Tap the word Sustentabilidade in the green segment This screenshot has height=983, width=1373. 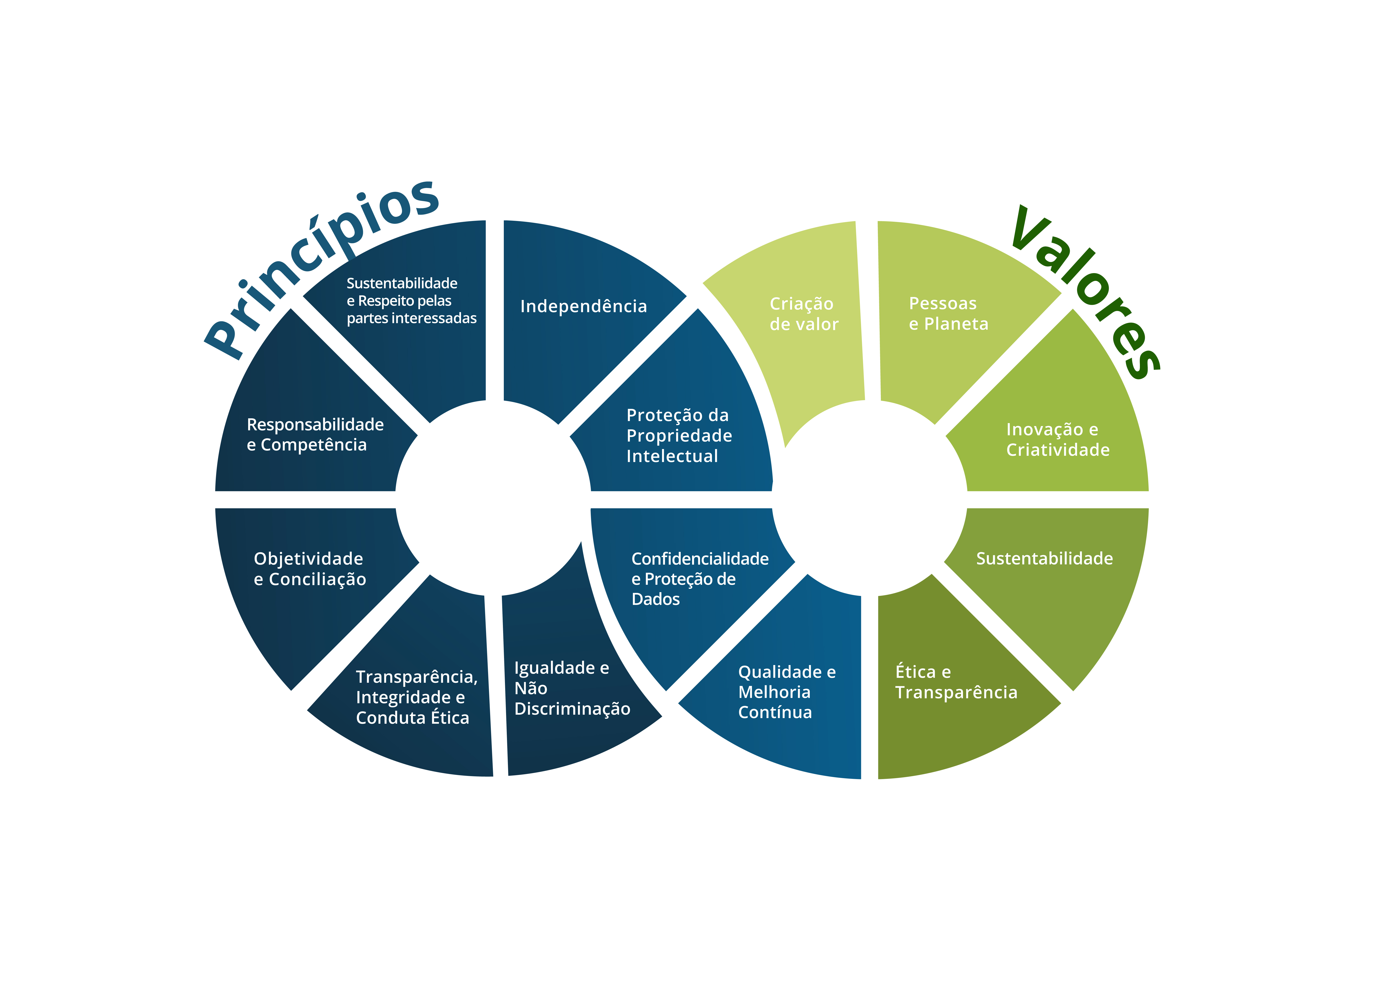coord(1044,558)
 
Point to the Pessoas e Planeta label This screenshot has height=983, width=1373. coord(948,314)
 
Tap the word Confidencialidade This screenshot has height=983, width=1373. coord(700,559)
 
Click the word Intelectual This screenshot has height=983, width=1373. coord(672,456)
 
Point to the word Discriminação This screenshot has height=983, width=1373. coord(572,709)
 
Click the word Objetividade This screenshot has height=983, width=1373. coord(308,559)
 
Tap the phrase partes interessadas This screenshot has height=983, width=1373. coord(412,318)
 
